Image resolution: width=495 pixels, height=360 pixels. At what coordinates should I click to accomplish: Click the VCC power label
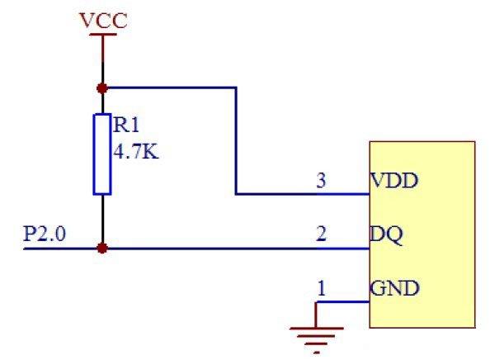[104, 20]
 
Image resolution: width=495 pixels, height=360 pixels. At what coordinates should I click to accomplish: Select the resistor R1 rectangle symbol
[102, 154]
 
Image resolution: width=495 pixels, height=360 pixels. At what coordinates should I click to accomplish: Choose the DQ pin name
[387, 234]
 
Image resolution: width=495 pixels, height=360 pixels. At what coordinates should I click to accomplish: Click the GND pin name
[394, 288]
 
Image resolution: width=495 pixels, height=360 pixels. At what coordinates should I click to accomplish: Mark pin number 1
[322, 288]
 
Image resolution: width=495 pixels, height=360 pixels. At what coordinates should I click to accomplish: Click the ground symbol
[316, 334]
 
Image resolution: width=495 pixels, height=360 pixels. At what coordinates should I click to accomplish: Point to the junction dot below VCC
[102, 87]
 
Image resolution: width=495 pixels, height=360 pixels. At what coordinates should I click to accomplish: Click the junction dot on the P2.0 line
[102, 247]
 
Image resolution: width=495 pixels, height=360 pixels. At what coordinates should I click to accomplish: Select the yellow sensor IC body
[422, 233]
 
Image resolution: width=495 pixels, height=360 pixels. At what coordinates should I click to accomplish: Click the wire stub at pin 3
[342, 194]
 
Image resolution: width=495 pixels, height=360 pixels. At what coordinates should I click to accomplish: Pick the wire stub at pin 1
[342, 302]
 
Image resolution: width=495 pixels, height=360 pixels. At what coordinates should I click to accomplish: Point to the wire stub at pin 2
[342, 248]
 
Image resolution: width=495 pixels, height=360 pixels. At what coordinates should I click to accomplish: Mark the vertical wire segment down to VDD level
[237, 140]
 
